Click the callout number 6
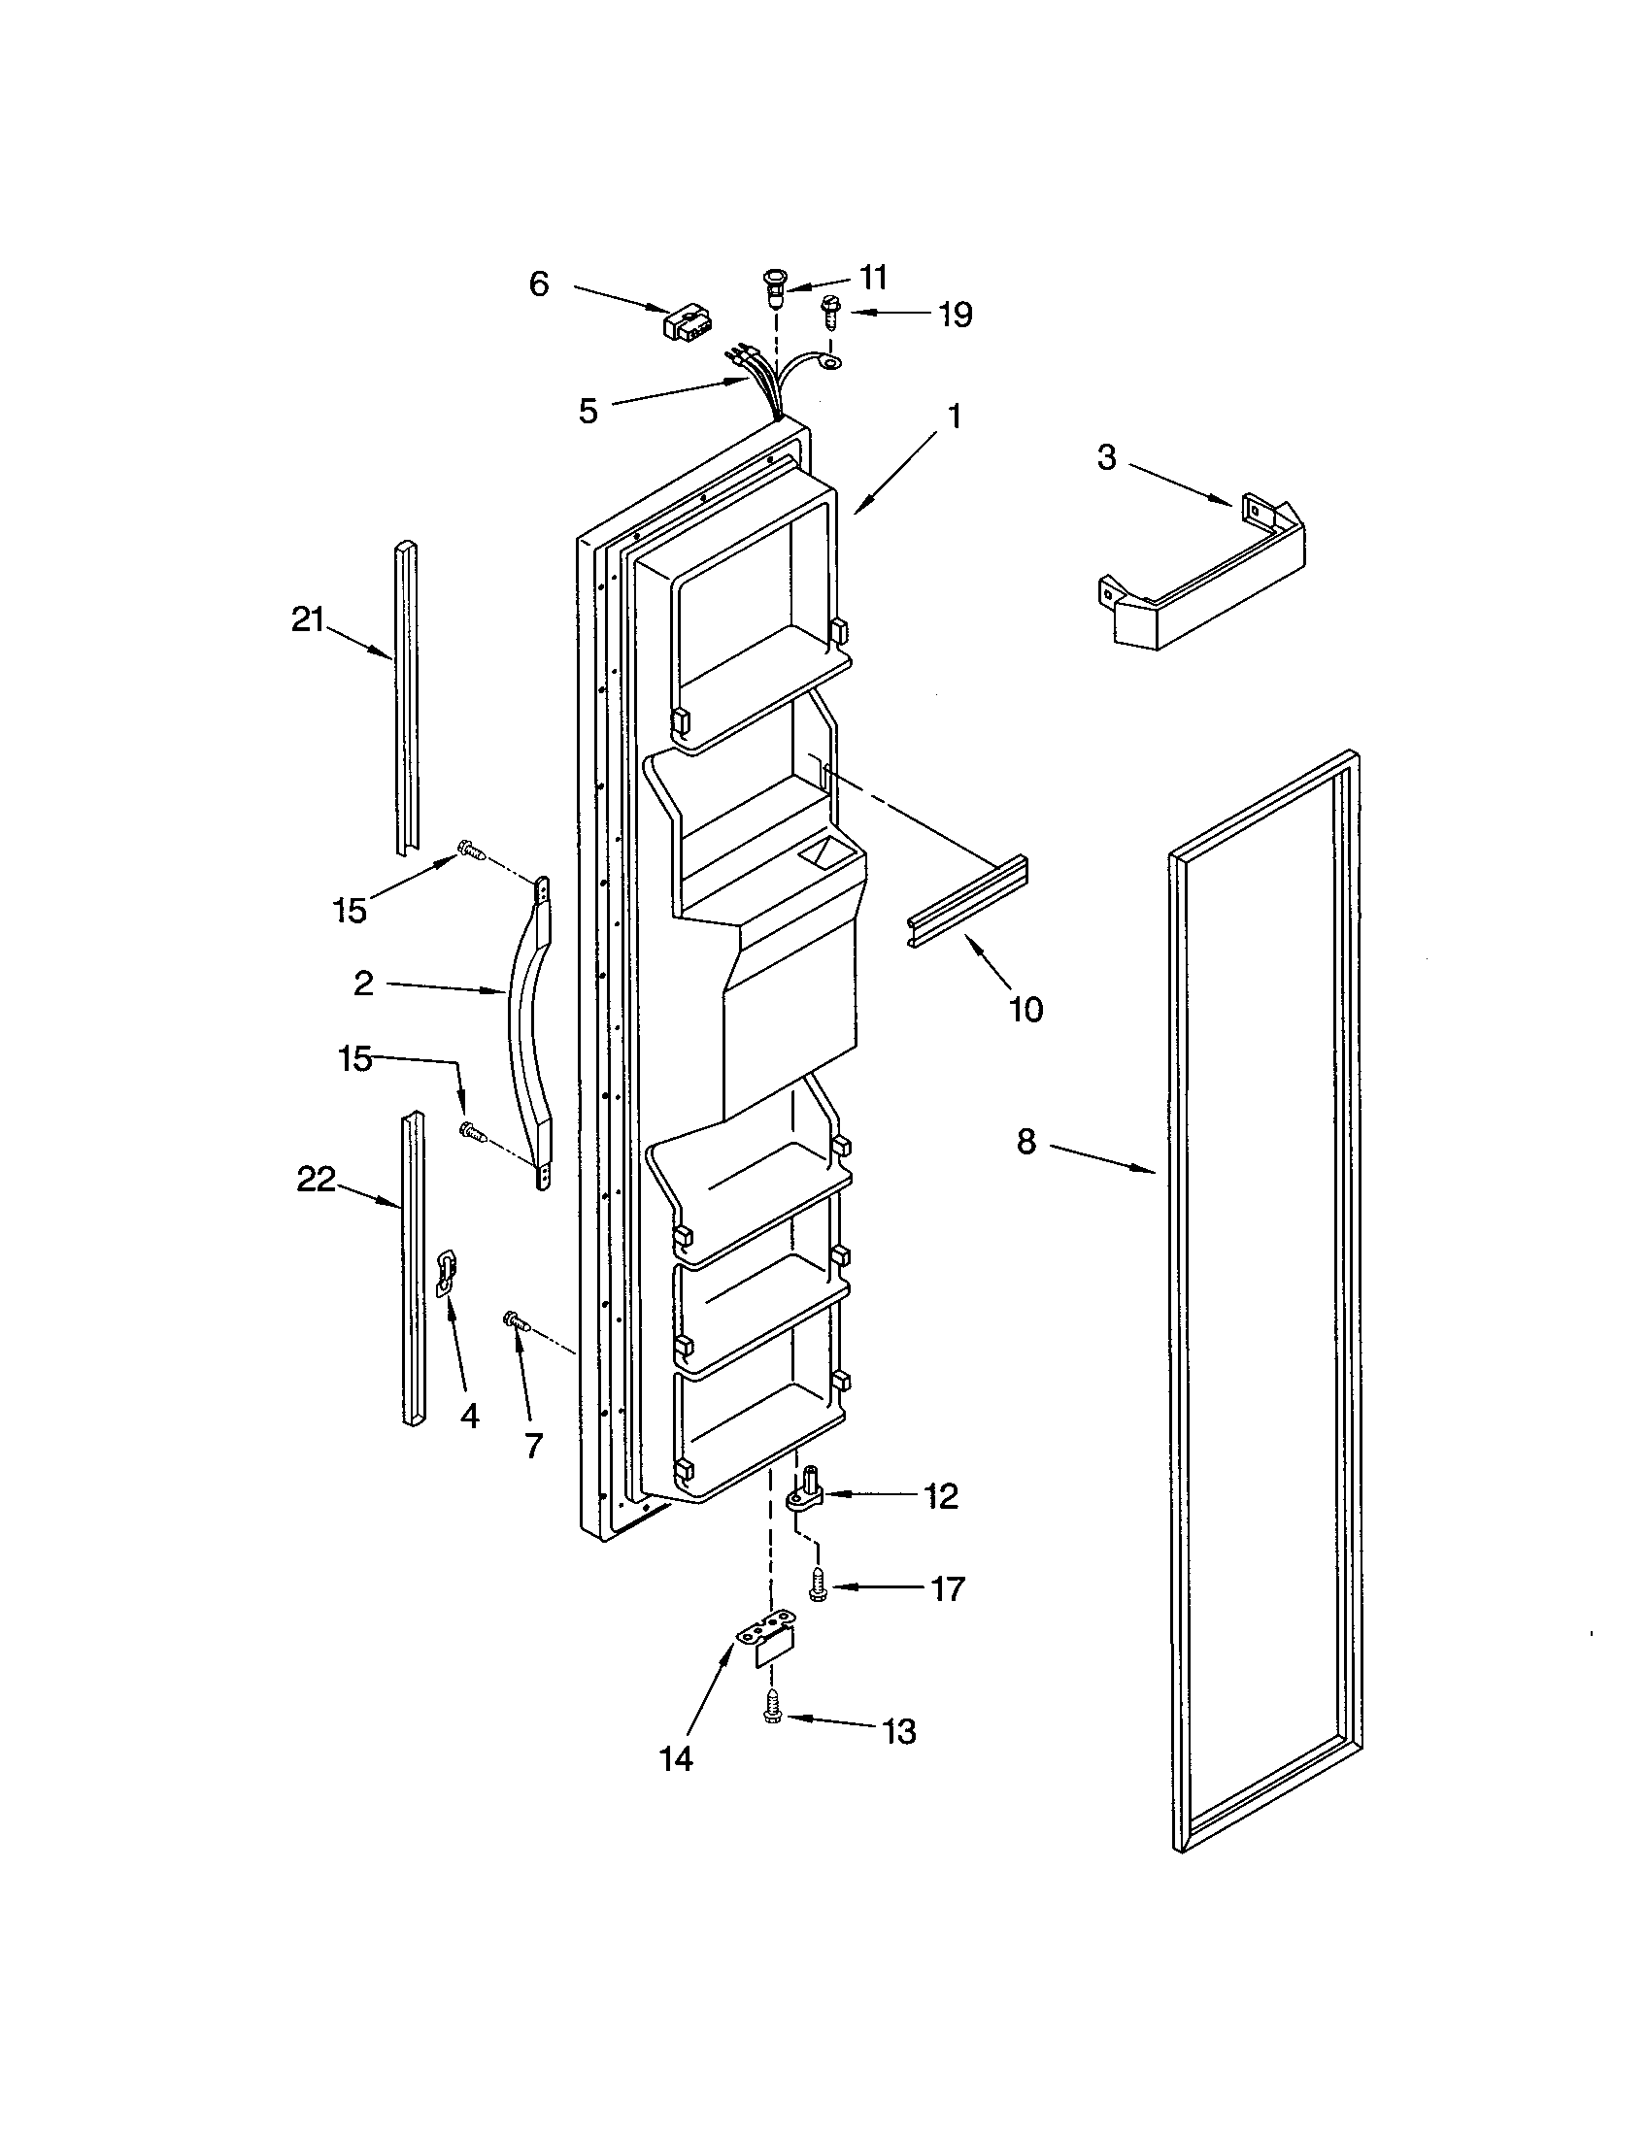(x=539, y=284)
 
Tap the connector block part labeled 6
(x=685, y=322)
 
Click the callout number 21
(x=307, y=619)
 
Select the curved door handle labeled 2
(x=526, y=1033)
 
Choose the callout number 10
(x=1025, y=1009)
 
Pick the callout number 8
(x=1025, y=1141)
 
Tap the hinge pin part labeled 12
(x=808, y=1497)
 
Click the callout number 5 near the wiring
(x=587, y=411)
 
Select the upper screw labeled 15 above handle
(x=471, y=851)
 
